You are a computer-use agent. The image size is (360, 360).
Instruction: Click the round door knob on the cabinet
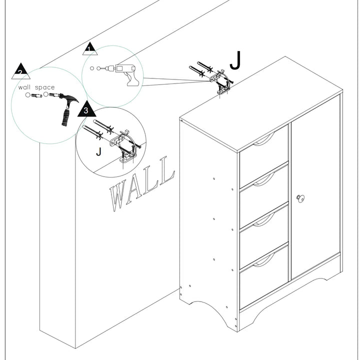point(300,198)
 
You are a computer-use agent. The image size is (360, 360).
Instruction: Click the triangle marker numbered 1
point(89,49)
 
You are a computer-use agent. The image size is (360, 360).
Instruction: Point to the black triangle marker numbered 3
point(86,110)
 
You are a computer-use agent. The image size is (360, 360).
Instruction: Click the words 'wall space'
point(36,87)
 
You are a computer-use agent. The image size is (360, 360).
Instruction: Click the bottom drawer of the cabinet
point(263,275)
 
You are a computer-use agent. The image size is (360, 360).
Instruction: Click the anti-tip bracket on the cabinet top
point(221,82)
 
